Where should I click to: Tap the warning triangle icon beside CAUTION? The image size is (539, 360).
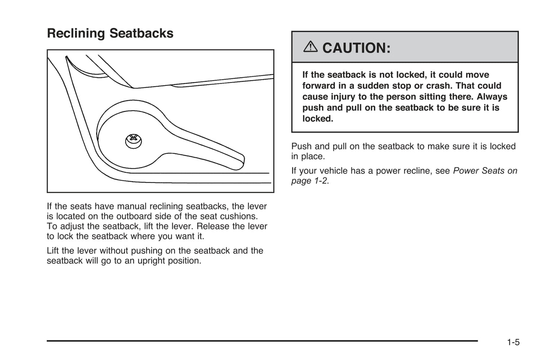[x=310, y=47]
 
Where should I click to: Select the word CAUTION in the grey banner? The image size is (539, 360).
[x=356, y=48]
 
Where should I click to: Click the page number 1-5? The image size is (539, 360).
[x=513, y=342]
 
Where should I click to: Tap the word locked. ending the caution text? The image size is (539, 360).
[x=317, y=119]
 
